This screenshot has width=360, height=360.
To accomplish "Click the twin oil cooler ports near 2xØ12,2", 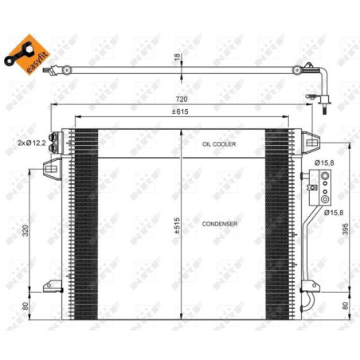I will (x=57, y=140).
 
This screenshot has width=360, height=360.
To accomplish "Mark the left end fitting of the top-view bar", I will (x=50, y=71).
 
